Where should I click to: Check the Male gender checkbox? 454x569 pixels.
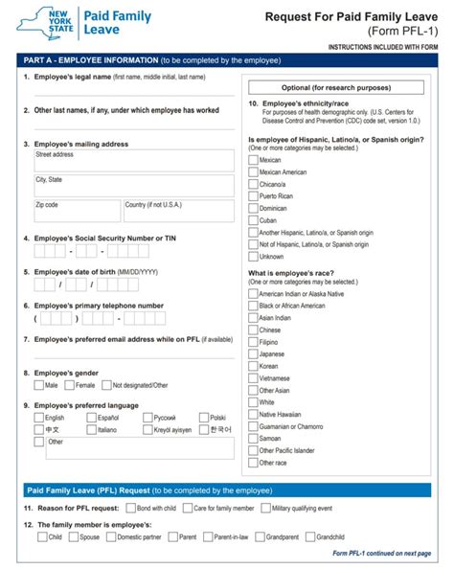pyautogui.click(x=37, y=385)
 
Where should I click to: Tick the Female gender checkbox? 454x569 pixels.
pyautogui.click(x=69, y=385)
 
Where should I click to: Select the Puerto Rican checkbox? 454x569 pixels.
pyautogui.click(x=253, y=195)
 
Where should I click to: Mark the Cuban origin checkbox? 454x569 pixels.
pyautogui.click(x=253, y=219)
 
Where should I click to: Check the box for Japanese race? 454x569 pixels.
pyautogui.click(x=253, y=353)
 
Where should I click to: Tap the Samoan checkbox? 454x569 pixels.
pyautogui.click(x=253, y=438)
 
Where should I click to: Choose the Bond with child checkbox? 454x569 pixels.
pyautogui.click(x=130, y=508)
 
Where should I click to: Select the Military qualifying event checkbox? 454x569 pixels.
pyautogui.click(x=265, y=508)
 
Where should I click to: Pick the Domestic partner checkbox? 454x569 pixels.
pyautogui.click(x=110, y=537)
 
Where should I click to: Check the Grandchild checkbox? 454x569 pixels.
pyautogui.click(x=308, y=537)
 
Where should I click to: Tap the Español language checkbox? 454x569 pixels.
pyautogui.click(x=91, y=418)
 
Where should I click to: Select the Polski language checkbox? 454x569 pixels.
pyautogui.click(x=204, y=418)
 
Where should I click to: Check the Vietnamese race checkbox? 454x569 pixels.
pyautogui.click(x=253, y=377)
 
